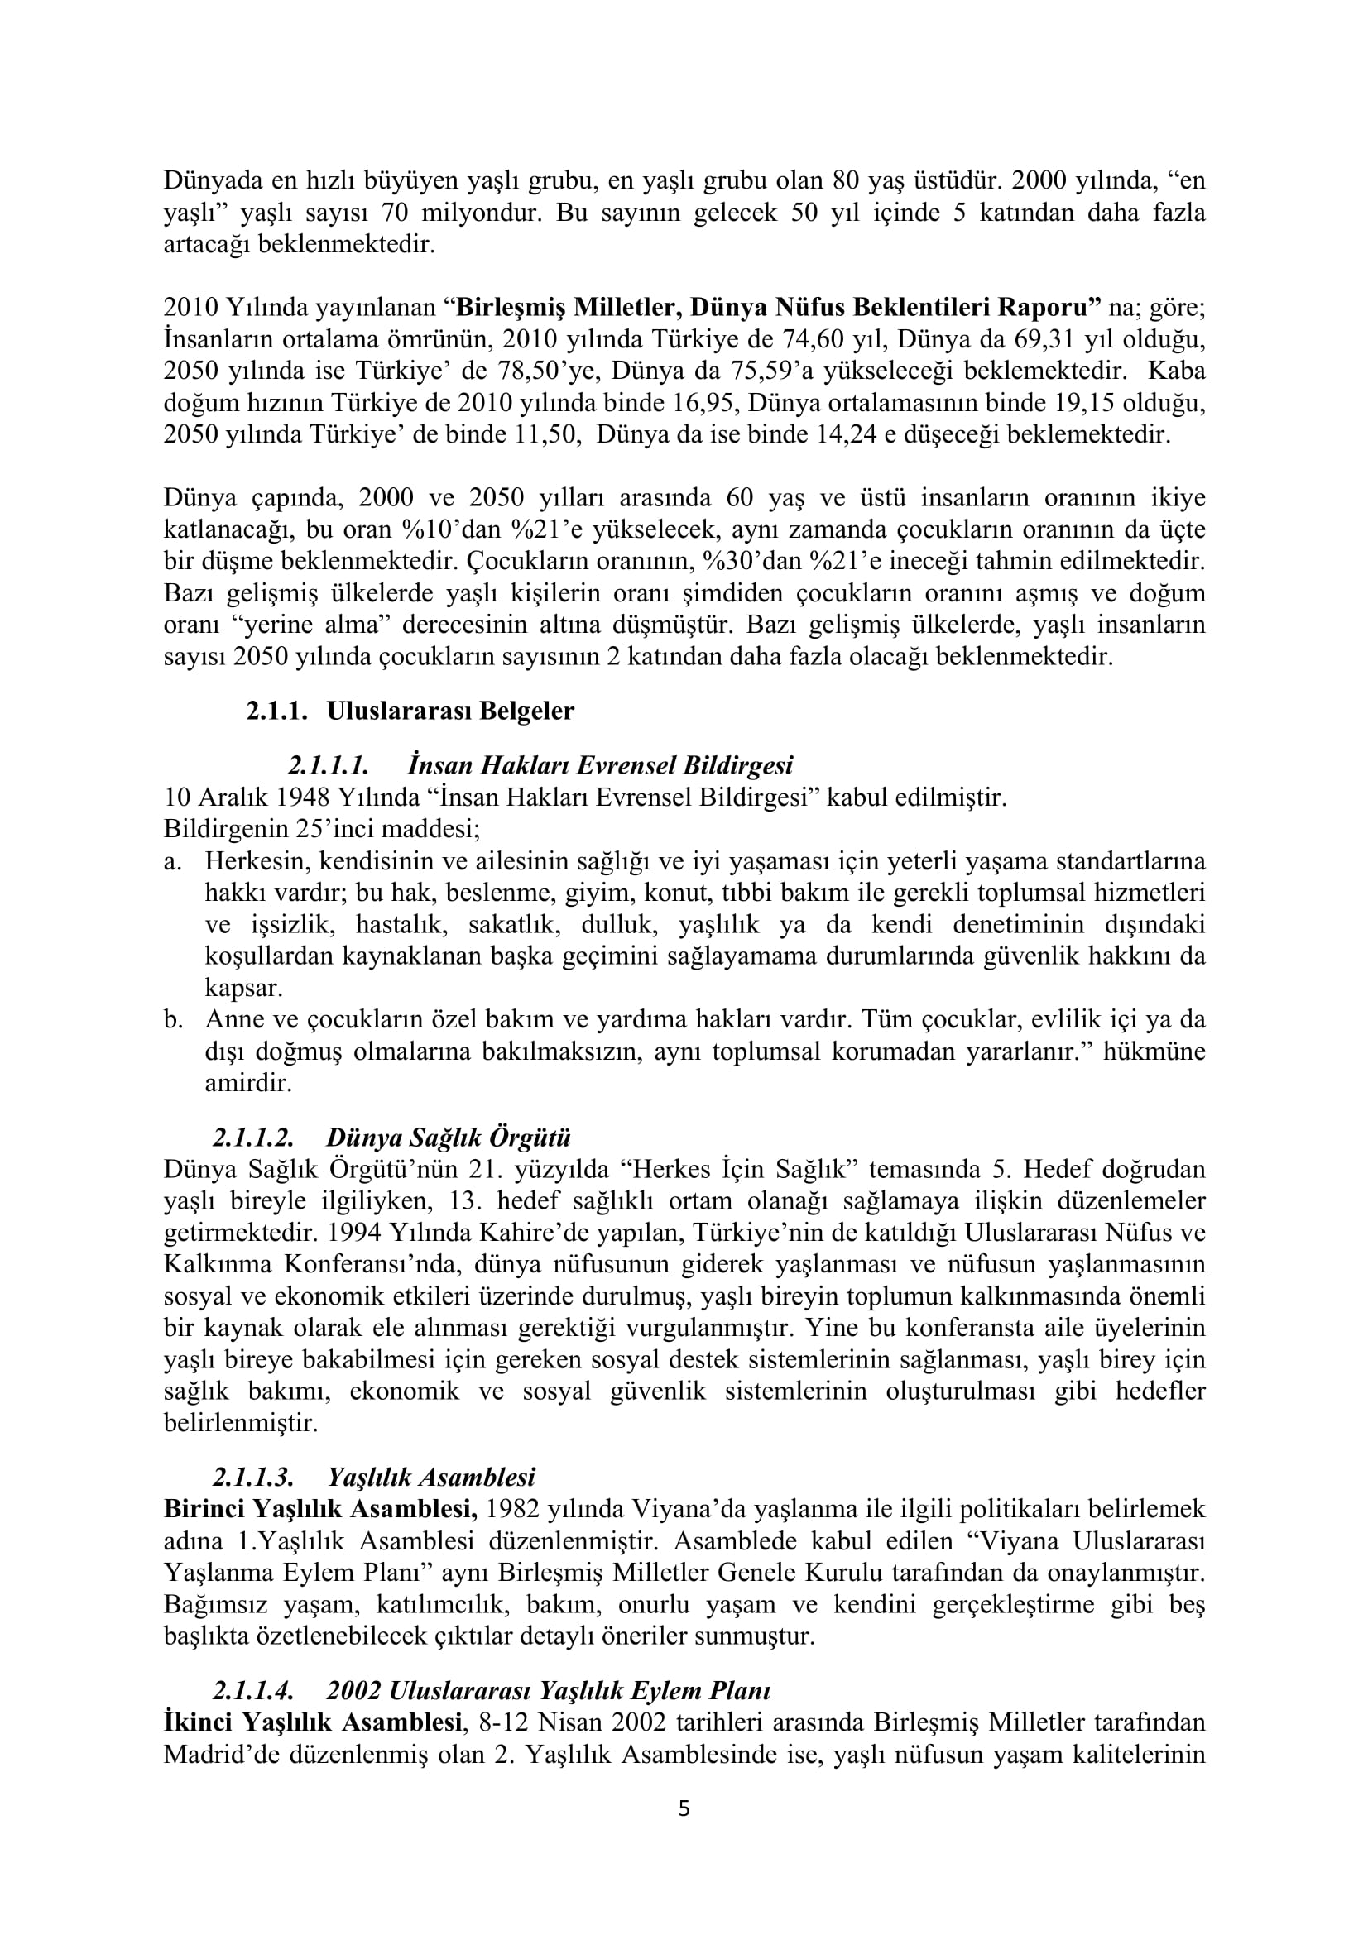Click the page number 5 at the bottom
[684, 1808]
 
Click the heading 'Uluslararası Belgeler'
[450, 711]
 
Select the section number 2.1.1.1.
[329, 765]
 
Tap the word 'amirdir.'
[248, 1083]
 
